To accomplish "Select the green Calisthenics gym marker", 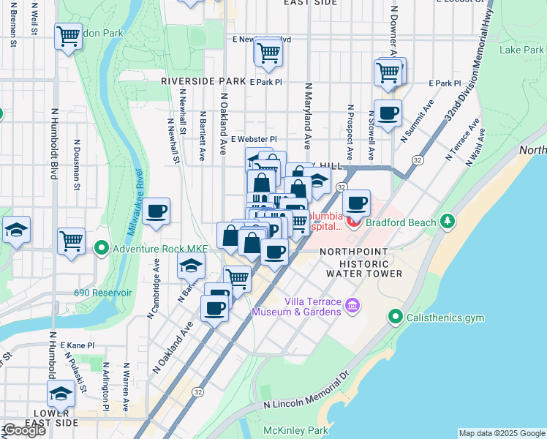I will [396, 317].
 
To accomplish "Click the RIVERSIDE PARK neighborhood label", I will [203, 81].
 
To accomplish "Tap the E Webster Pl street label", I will [254, 139].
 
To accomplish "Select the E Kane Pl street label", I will [78, 345].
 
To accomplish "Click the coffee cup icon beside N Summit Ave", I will [388, 113].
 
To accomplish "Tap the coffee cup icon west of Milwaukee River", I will [156, 212].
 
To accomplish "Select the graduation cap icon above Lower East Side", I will [61, 394].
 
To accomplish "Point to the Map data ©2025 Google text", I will [502, 433].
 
